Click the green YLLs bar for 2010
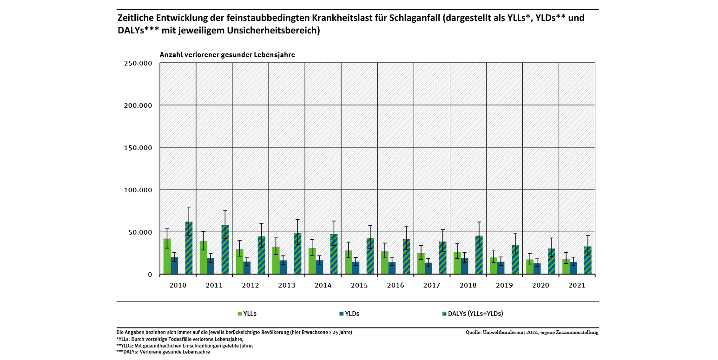click(x=167, y=256)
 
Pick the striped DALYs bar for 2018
click(x=479, y=255)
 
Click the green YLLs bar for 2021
click(x=566, y=267)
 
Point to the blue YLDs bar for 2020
click(x=537, y=269)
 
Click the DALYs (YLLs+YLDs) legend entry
click(x=472, y=314)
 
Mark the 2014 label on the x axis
click(x=323, y=285)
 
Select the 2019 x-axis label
click(x=504, y=285)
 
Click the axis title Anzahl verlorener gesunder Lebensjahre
click(x=227, y=55)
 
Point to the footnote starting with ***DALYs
click(x=163, y=352)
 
